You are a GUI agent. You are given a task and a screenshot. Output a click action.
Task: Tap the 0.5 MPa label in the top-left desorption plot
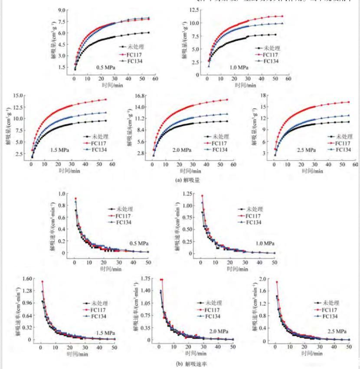tap(105, 67)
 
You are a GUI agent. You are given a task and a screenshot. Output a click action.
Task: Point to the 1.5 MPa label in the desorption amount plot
tap(60, 150)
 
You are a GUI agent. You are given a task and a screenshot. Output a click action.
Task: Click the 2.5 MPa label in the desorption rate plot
tap(337, 331)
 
